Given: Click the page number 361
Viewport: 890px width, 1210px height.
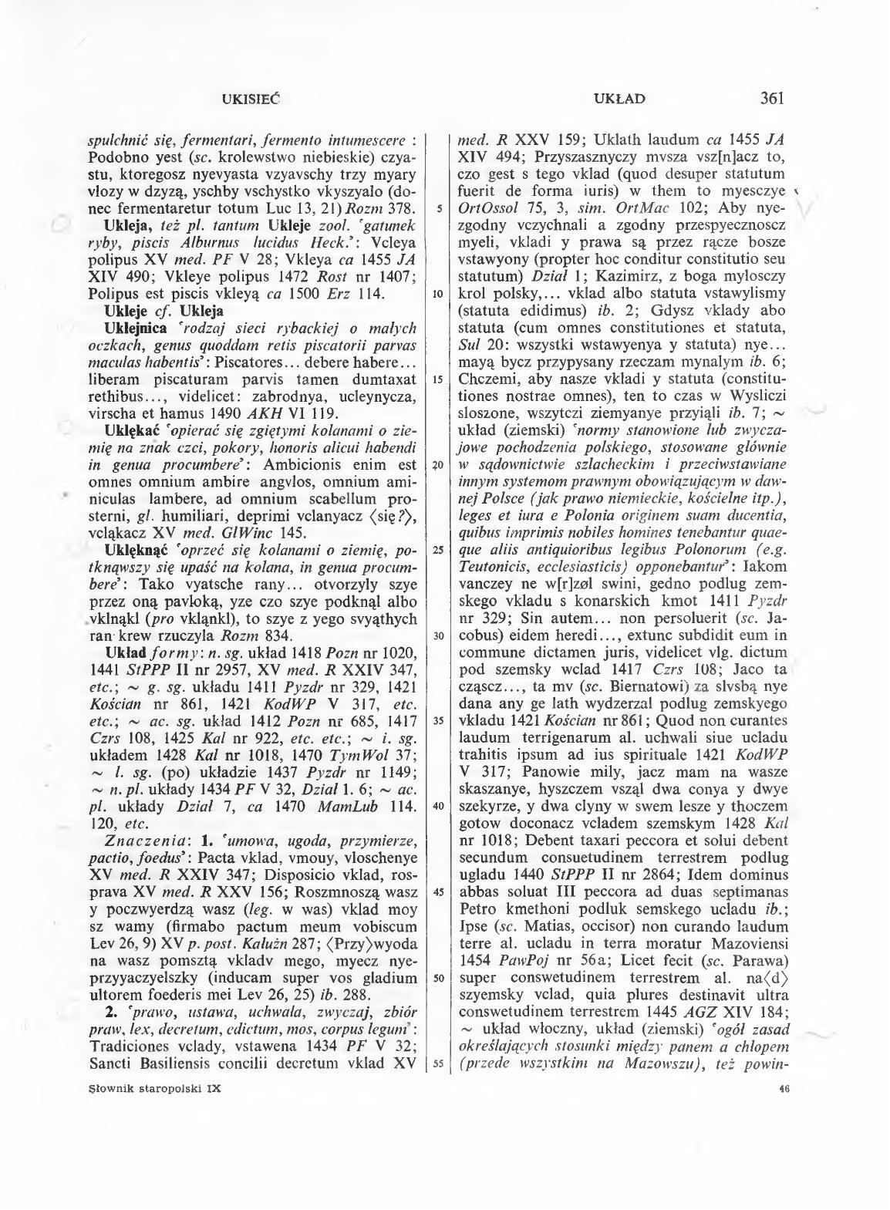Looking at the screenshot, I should click(x=771, y=98).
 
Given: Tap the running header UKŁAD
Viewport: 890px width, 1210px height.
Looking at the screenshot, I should click(x=620, y=99).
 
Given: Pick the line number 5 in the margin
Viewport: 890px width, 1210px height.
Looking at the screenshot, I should click(x=437, y=208).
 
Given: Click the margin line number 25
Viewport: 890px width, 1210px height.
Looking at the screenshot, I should click(x=437, y=550).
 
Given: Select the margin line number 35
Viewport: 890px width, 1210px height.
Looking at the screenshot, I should click(x=437, y=721).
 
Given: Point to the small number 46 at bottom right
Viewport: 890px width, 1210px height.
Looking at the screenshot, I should click(x=778, y=1089).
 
